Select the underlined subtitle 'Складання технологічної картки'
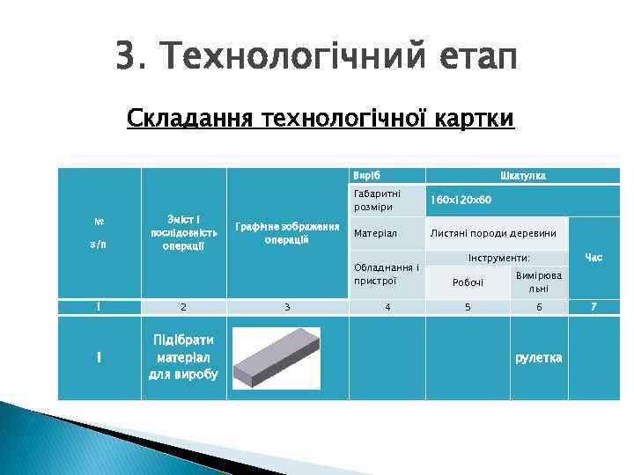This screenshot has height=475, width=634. (x=320, y=118)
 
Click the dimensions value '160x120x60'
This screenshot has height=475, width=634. (x=461, y=200)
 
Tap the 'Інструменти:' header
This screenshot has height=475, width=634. (x=499, y=259)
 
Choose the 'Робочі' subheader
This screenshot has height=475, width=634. (x=468, y=282)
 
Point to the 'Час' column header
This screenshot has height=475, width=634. (x=593, y=258)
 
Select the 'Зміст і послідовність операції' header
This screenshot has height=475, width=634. (x=183, y=232)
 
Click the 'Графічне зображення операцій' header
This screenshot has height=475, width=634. (x=287, y=233)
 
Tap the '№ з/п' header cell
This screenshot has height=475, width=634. (x=99, y=232)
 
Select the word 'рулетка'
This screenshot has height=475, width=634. (x=538, y=358)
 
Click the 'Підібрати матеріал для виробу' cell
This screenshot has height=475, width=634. (x=183, y=357)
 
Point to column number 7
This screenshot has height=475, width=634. (x=593, y=307)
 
